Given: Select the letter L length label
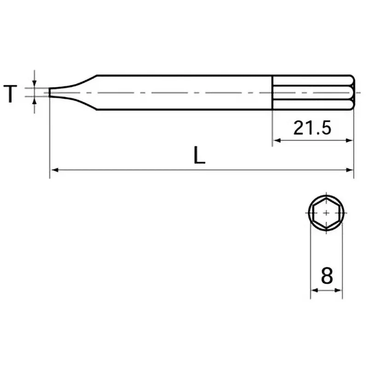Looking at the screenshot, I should click(199, 156).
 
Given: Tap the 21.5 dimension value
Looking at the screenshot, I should click(313, 128).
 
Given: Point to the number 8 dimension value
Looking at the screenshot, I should click(327, 276).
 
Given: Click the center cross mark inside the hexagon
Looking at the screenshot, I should click(326, 213).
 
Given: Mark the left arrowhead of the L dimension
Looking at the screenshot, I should click(54, 170).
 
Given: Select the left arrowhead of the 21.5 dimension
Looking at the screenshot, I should click(277, 140).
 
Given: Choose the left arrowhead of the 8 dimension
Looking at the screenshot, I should click(315, 290).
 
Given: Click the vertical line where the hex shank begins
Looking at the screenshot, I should click(273, 92).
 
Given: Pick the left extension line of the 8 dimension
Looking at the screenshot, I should click(310, 258).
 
